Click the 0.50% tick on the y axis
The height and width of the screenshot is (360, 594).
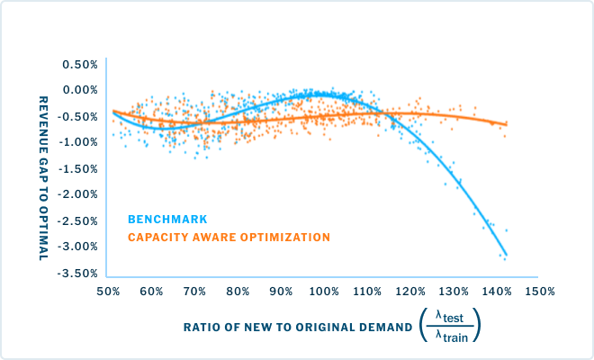[79, 64]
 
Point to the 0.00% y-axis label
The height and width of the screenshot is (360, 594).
[79, 90]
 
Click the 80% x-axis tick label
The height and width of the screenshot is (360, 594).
[238, 292]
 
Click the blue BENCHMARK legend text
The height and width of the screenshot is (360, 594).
[167, 219]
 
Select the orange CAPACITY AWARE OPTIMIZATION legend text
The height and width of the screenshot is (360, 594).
[229, 238]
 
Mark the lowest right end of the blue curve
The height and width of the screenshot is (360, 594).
[506, 256]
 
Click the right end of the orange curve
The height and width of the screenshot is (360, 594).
[507, 124]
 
